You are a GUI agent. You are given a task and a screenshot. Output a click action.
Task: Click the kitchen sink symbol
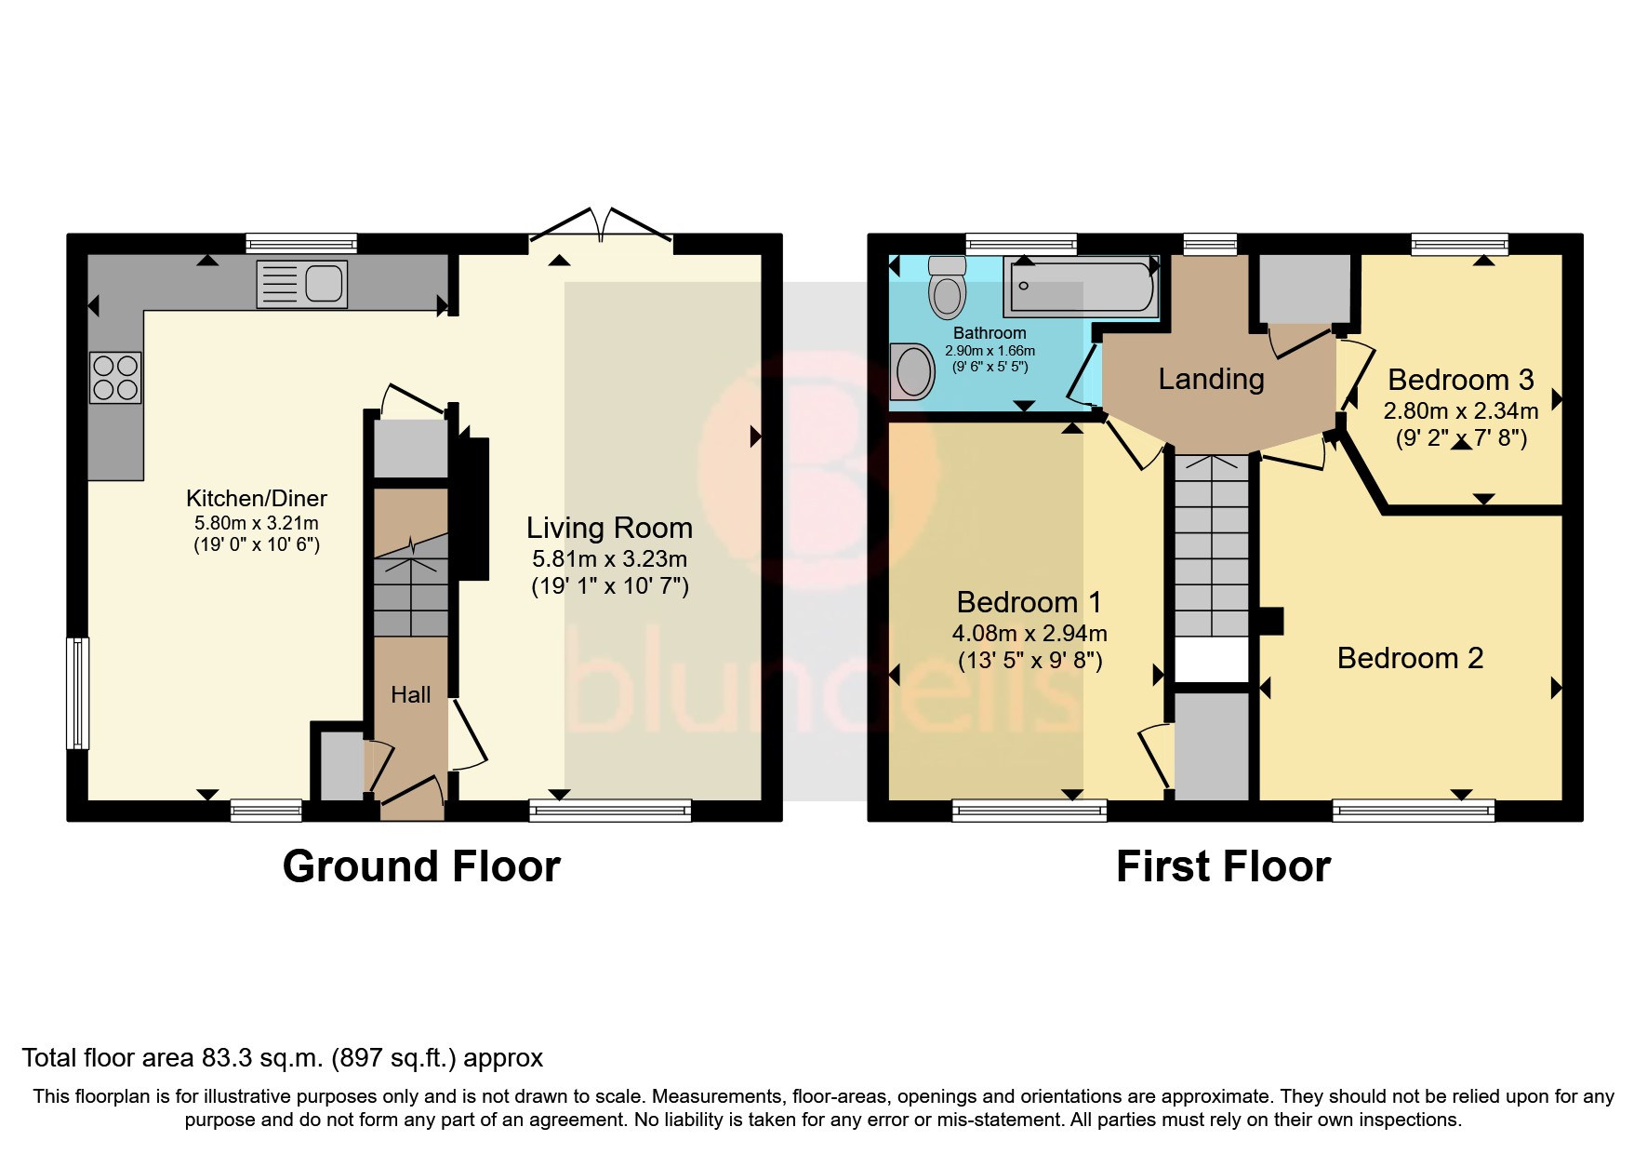pyautogui.click(x=301, y=284)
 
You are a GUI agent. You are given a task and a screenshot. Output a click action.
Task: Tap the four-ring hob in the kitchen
pyautogui.click(x=115, y=378)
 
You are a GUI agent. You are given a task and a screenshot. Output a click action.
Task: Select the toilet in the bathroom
pyautogui.click(x=947, y=289)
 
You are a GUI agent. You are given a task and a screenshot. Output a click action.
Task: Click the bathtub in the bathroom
pyautogui.click(x=1080, y=286)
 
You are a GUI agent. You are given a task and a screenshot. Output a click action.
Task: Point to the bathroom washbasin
pyautogui.click(x=913, y=372)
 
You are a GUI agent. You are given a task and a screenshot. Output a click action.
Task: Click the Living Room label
pyautogui.click(x=609, y=528)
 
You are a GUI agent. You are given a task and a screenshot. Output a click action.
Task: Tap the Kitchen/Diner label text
pyautogui.click(x=257, y=498)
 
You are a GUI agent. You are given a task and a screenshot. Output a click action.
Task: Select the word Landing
pyautogui.click(x=1211, y=379)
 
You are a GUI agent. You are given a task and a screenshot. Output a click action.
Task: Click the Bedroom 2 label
pyautogui.click(x=1409, y=658)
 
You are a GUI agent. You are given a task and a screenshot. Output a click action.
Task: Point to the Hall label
pyautogui.click(x=410, y=694)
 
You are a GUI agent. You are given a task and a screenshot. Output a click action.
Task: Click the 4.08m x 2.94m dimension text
pyautogui.click(x=1029, y=634)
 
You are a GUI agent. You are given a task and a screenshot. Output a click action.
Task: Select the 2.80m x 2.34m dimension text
pyautogui.click(x=1460, y=410)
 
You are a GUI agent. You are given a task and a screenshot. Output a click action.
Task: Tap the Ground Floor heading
pyautogui.click(x=421, y=866)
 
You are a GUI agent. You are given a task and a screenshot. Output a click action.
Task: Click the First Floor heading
pyautogui.click(x=1222, y=866)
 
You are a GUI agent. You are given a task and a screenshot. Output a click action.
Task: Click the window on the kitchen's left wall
pyautogui.click(x=78, y=692)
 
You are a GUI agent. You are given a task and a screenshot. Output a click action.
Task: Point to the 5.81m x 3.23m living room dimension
pyautogui.click(x=609, y=559)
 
